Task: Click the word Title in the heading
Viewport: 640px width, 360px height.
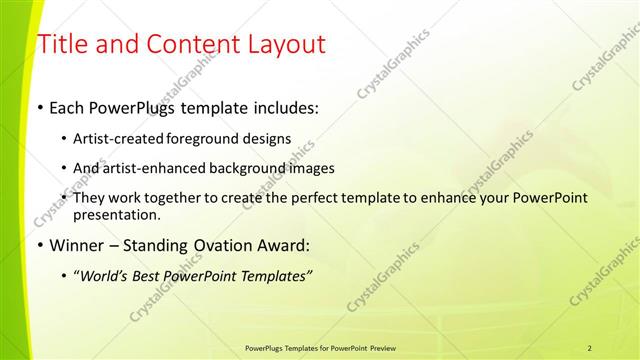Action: point(62,44)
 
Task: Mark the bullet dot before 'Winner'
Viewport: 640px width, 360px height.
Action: point(40,245)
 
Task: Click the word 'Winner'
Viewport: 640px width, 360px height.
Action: point(77,245)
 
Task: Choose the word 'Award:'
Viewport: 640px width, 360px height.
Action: point(284,245)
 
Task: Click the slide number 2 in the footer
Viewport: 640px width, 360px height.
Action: point(589,347)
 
